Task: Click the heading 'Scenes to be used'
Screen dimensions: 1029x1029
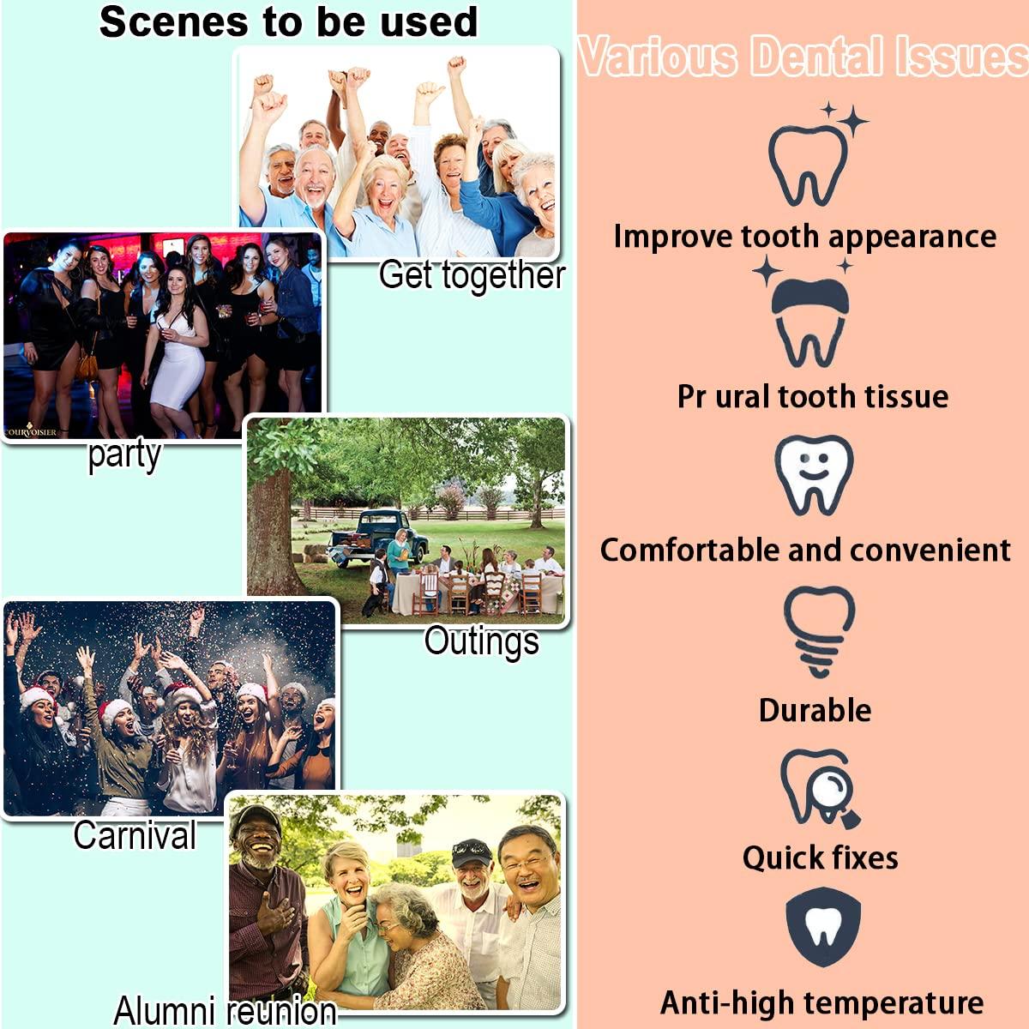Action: pyautogui.click(x=288, y=22)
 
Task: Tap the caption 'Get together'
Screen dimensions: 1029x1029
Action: pyautogui.click(x=472, y=275)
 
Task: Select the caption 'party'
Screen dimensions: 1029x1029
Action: pyautogui.click(x=124, y=454)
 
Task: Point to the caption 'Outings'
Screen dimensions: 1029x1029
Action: pyautogui.click(x=481, y=641)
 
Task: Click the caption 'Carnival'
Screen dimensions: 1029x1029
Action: pyautogui.click(x=135, y=835)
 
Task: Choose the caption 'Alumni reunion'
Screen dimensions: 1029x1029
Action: pyautogui.click(x=225, y=1010)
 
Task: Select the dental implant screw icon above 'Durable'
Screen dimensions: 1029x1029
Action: pyautogui.click(x=818, y=629)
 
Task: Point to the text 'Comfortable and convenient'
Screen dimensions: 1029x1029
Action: pyautogui.click(x=805, y=550)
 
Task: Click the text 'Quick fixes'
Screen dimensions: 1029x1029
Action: pyautogui.click(x=820, y=857)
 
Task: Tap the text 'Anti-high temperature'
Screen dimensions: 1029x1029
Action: pyautogui.click(x=821, y=1002)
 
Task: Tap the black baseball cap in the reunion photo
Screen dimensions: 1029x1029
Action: pyautogui.click(x=471, y=851)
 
